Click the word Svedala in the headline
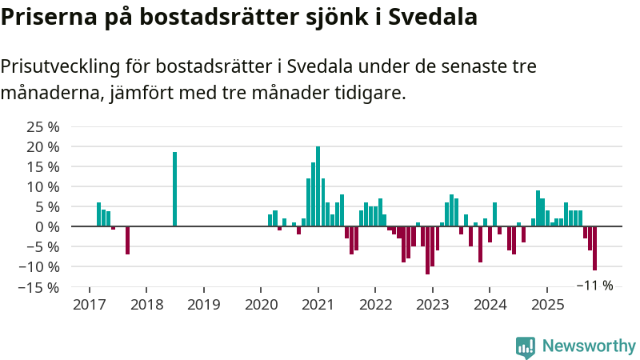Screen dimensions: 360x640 pos(433,17)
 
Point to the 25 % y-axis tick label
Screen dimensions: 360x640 pos(43,126)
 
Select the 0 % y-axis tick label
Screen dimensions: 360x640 pos(47,226)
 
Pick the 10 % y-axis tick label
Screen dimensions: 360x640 pos(43,186)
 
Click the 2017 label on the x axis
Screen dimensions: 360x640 pos(89,305)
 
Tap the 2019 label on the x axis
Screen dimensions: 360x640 pos(203,305)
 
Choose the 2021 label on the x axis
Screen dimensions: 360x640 pos(318,305)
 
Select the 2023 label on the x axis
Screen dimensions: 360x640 pos(433,305)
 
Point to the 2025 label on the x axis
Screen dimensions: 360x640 pos(548,305)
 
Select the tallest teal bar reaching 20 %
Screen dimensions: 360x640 pos(318,186)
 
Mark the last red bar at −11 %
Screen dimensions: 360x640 pos(595,248)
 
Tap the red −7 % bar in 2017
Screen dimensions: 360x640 pos(127,240)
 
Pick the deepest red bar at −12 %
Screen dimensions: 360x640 pos(428,250)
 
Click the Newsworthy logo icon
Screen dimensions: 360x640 pos(526,346)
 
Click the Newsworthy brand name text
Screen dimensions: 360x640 pos(589,346)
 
